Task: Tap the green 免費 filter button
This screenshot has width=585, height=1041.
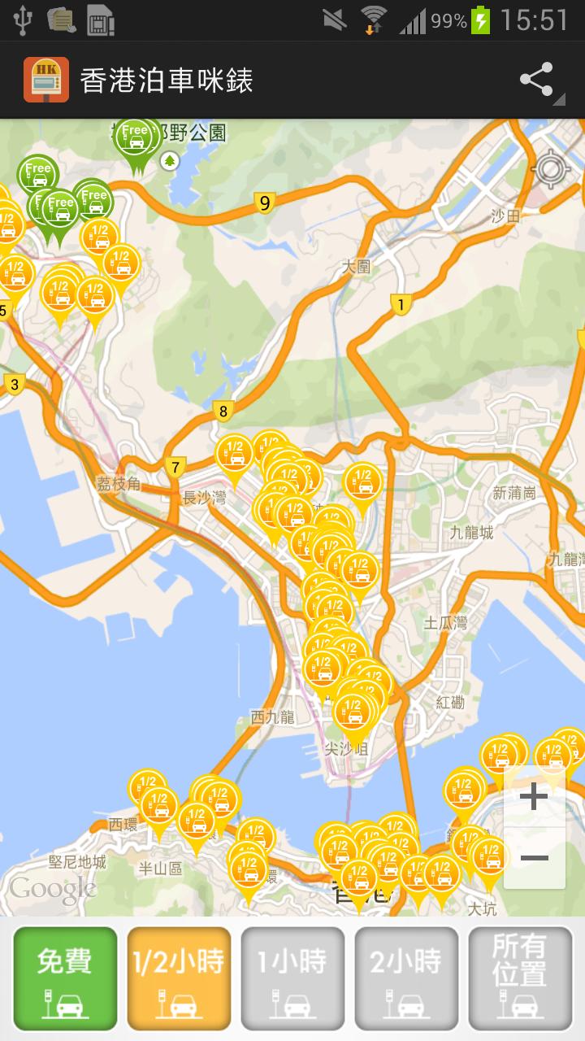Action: [x=65, y=978]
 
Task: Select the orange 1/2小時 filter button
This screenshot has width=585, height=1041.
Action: [x=179, y=978]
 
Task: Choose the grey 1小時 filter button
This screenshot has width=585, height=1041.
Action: [x=292, y=978]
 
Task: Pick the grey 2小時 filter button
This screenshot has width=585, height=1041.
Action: [x=406, y=978]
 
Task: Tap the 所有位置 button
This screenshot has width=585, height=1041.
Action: [x=520, y=978]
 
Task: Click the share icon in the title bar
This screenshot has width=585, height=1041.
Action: [x=537, y=81]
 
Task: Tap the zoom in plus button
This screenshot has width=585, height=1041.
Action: [x=534, y=796]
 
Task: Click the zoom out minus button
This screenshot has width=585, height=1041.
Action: [x=534, y=858]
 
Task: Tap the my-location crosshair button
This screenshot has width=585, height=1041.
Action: [x=550, y=169]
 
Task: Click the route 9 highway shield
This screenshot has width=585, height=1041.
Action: [x=263, y=203]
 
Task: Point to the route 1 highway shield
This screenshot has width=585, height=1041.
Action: [x=400, y=305]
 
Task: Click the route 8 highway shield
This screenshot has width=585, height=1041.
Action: [x=223, y=411]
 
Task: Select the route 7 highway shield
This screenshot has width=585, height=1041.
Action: [x=175, y=467]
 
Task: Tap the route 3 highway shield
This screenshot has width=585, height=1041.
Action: [x=14, y=385]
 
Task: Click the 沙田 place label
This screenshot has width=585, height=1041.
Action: [x=505, y=216]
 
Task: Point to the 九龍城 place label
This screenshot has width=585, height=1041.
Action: [x=471, y=533]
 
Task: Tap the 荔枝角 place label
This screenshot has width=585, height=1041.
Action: [x=119, y=485]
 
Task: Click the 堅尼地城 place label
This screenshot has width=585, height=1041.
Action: [x=78, y=862]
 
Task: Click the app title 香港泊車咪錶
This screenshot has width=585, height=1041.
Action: [x=167, y=81]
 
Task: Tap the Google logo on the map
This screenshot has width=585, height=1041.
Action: [x=53, y=889]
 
